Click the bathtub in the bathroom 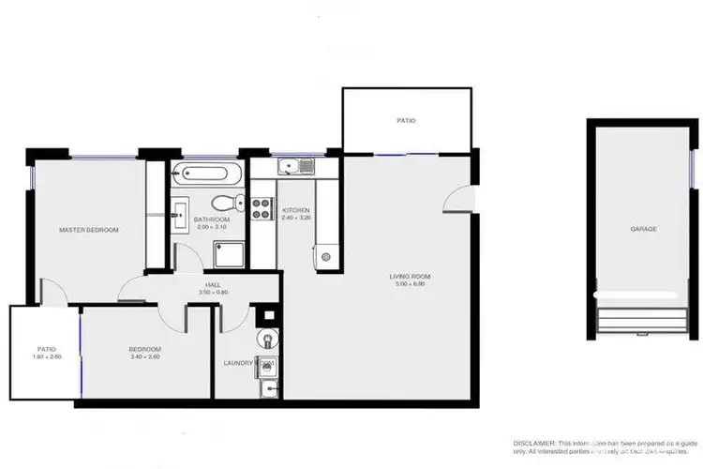point(207,174)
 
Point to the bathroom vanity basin point(180,214)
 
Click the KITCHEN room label point(296,210)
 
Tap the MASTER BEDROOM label point(89,229)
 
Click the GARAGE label point(642,229)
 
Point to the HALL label point(213,286)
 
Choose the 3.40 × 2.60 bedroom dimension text point(144,356)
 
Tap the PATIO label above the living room point(406,121)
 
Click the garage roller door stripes point(642,314)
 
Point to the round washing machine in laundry point(268,339)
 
